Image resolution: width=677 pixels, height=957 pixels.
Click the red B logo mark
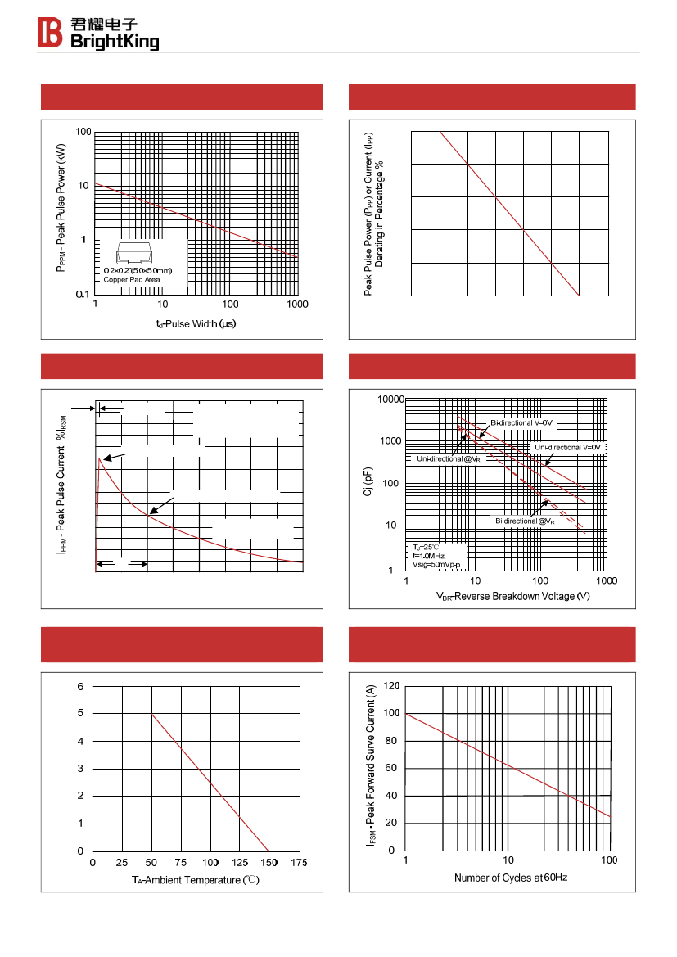coord(50,33)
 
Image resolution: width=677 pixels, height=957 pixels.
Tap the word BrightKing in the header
coord(115,41)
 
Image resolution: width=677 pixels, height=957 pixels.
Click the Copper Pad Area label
coord(132,280)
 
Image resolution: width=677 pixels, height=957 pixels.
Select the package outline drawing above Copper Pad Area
coord(137,253)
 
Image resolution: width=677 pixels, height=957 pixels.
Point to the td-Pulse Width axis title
coord(196,323)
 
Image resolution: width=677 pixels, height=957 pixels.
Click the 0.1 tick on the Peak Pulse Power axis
coord(83,294)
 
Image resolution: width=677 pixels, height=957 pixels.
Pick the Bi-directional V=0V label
coord(521,422)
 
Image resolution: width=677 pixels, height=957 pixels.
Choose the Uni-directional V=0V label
coord(568,447)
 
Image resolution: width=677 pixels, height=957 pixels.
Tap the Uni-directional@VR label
coord(449,459)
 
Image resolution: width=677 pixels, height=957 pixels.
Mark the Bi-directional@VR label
coord(525,521)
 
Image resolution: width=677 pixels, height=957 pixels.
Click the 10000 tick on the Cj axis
coord(390,400)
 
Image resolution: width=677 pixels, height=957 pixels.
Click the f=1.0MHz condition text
coord(428,556)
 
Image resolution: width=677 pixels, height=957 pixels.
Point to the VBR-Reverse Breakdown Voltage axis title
coord(512,596)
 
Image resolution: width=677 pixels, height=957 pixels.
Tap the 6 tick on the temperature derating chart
coord(80,687)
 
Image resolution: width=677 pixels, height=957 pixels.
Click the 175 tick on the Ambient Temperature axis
coord(299,862)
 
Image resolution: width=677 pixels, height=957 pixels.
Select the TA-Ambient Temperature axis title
coord(196,880)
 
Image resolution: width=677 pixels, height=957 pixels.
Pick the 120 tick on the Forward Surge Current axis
coord(391,686)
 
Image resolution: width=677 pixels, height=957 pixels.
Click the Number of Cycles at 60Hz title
coord(511,878)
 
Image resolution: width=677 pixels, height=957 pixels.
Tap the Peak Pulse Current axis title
coord(61,485)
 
